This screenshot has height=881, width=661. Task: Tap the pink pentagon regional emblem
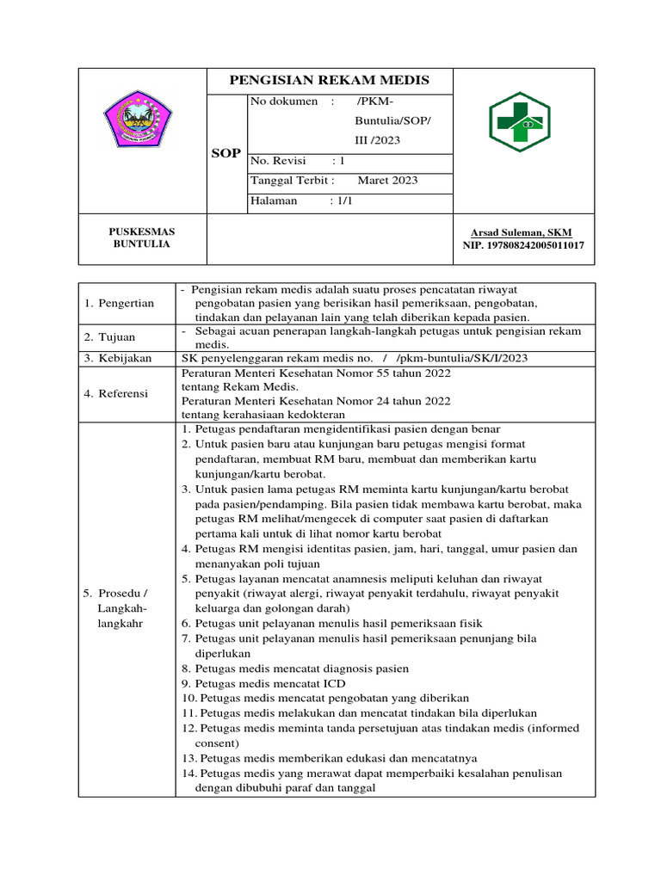pos(138,120)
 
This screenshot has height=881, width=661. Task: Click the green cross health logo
pos(523,121)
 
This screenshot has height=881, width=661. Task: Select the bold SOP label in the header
pos(225,153)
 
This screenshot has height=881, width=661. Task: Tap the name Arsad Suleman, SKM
pos(521,232)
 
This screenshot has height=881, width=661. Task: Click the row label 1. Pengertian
pos(120,303)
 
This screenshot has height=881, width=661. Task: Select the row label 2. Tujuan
pos(110,336)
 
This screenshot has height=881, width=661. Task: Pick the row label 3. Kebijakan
pos(118,357)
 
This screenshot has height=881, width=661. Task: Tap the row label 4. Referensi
pos(116,393)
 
